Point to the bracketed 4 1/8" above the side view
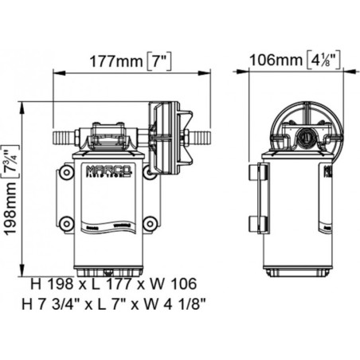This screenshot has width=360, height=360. pos(324,61)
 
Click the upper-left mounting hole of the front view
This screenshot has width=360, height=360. pos(66,171)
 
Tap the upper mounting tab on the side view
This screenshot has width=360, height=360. pos(254,174)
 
